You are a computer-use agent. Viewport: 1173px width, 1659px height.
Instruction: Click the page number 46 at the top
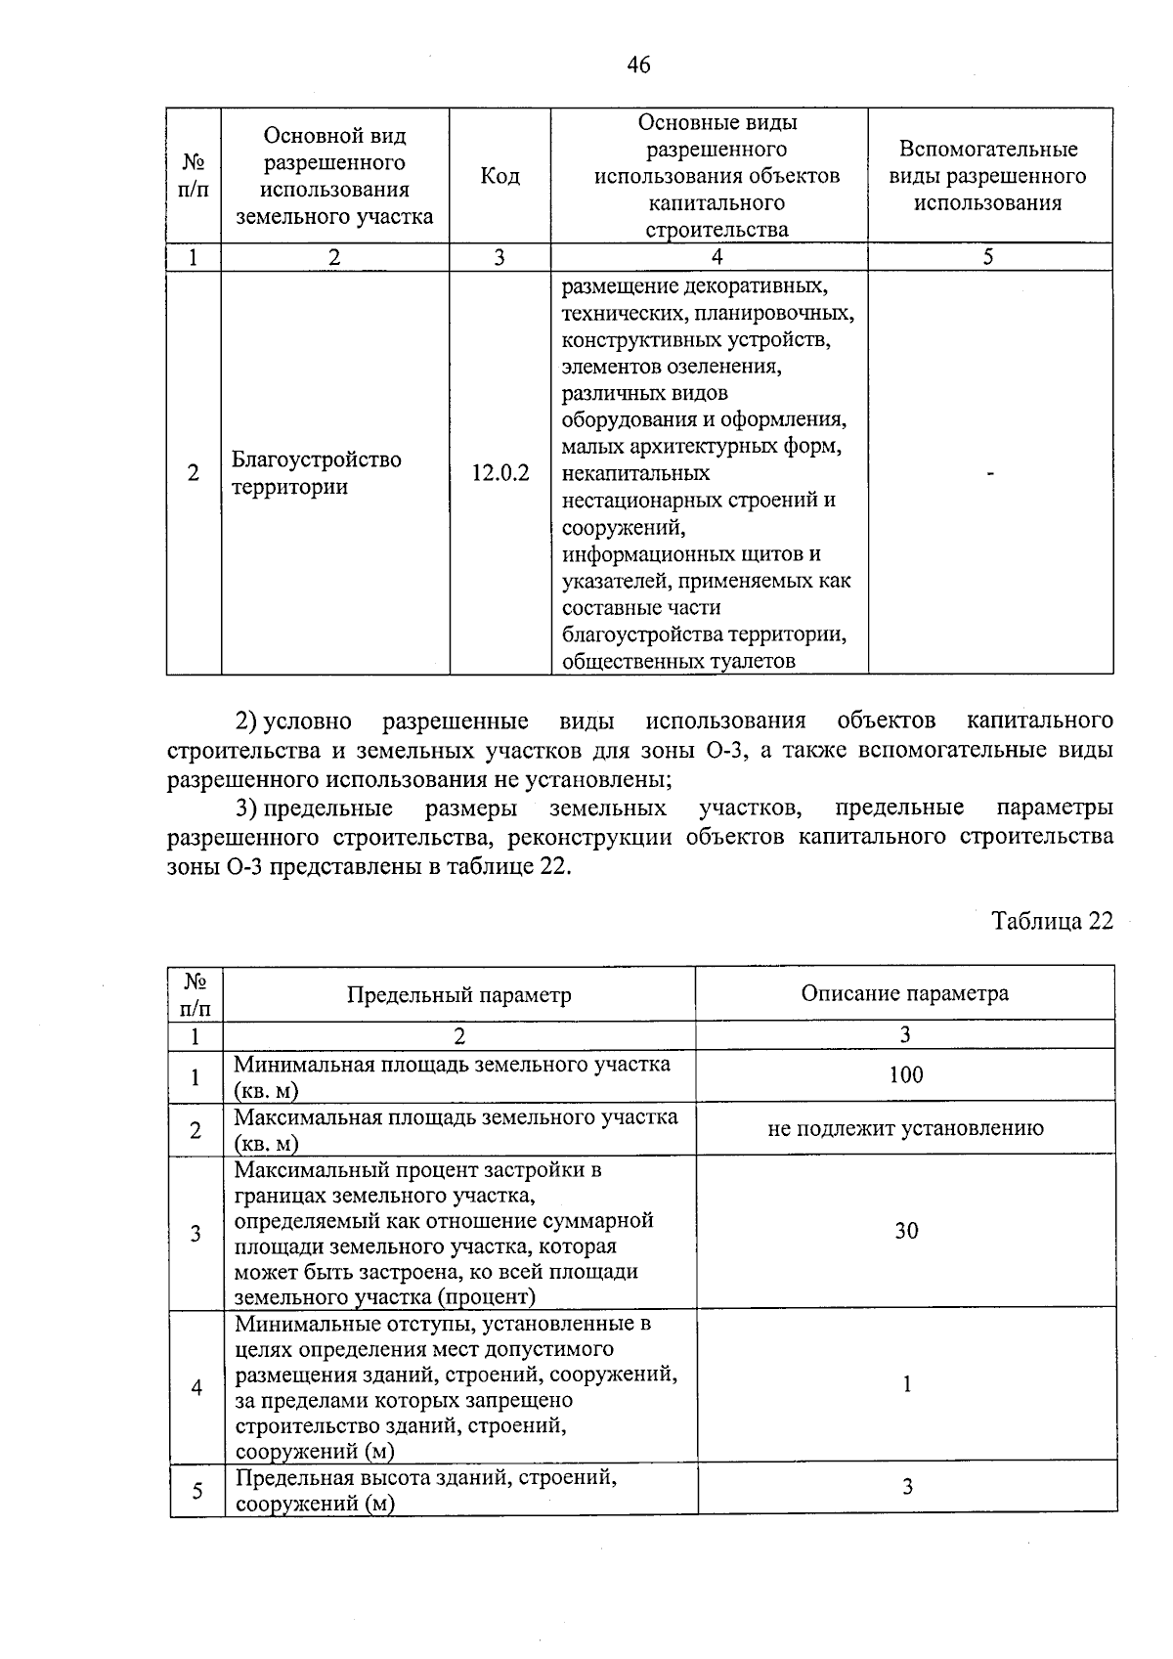637,65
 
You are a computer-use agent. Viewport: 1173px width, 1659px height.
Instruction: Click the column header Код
500,176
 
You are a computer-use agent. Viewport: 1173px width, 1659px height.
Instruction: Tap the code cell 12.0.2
500,473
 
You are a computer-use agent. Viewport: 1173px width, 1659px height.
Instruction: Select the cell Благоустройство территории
316,473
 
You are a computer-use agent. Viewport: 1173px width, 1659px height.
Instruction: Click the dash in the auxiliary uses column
990,473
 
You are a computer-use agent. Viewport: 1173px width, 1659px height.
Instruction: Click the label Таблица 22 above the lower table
1052,922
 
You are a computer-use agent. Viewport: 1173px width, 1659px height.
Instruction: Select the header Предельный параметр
458,995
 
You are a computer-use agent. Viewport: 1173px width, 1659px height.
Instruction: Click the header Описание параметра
904,993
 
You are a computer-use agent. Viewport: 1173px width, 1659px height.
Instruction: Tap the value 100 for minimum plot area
905,1075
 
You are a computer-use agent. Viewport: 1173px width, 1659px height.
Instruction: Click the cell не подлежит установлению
905,1128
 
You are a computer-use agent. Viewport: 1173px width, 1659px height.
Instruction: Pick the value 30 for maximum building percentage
906,1231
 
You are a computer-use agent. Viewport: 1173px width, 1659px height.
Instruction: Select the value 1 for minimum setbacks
906,1384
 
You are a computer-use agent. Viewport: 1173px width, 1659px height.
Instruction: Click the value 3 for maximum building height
907,1487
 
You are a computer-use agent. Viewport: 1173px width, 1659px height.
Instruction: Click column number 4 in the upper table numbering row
717,257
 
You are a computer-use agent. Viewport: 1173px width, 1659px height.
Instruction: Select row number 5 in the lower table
196,1491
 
